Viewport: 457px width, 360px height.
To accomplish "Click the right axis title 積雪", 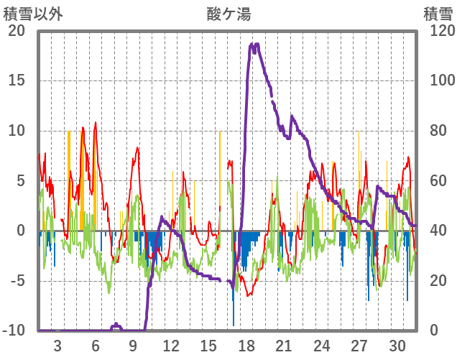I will click(438, 14).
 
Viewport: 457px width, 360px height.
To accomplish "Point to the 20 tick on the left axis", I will click(17, 31).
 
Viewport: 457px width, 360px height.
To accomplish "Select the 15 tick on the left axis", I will click(17, 80).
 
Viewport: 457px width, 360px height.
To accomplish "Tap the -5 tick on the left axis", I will click(17, 280).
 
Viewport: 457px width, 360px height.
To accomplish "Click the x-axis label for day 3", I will click(57, 344).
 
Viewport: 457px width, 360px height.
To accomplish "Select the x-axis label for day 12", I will click(171, 344).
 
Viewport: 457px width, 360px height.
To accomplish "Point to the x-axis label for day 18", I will click(246, 344).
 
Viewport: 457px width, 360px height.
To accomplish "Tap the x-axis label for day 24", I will click(323, 344).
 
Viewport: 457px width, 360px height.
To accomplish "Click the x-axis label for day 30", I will click(398, 344).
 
